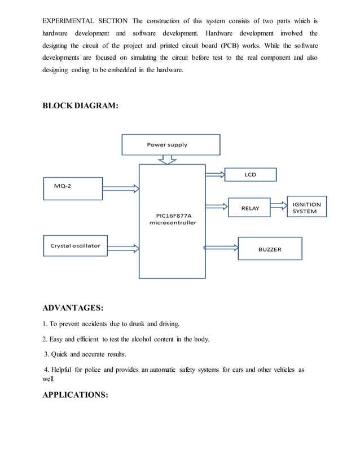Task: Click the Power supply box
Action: click(x=170, y=144)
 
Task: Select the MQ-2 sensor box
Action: click(x=73, y=188)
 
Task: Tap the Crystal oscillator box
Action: click(x=75, y=245)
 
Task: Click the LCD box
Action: click(x=250, y=174)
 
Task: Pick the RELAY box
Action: click(x=249, y=208)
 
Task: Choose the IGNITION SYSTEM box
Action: click(x=306, y=208)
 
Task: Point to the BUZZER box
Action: click(x=270, y=248)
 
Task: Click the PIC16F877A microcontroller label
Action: click(x=172, y=219)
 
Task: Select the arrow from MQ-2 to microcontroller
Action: click(x=121, y=188)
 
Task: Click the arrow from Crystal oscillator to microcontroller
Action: click(x=123, y=247)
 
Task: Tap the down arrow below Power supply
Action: click(x=168, y=160)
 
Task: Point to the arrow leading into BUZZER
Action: click(x=221, y=247)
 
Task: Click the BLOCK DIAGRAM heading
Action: click(x=80, y=105)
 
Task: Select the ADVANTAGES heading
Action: click(x=73, y=308)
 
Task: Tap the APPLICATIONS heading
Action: click(x=75, y=395)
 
